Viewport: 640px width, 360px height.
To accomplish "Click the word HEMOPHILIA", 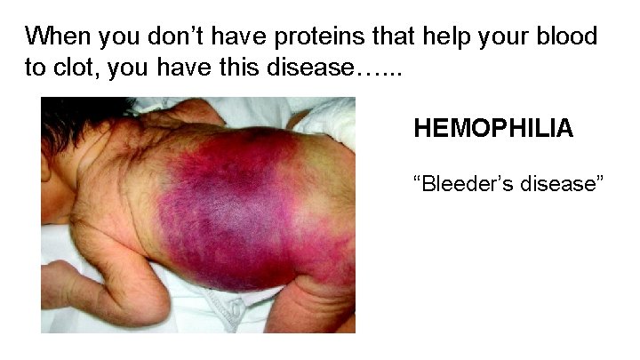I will [x=493, y=130].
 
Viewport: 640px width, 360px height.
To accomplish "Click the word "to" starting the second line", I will [x=36, y=69].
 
